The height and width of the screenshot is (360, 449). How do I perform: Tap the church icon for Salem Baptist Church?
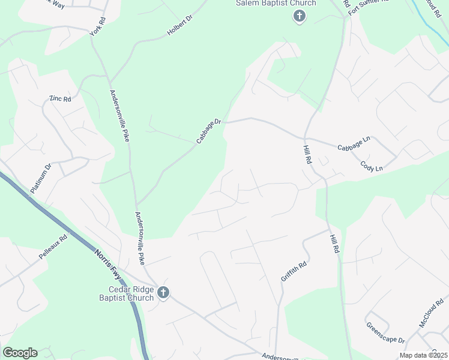[299, 16]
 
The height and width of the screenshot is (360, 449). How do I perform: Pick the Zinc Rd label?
[60, 98]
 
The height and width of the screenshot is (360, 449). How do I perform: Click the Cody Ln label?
[371, 166]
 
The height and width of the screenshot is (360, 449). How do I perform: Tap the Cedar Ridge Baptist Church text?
[126, 293]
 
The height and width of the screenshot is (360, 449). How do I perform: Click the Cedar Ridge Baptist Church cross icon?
[163, 293]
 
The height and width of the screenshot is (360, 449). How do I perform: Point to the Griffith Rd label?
[294, 271]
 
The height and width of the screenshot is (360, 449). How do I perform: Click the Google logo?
[20, 353]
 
